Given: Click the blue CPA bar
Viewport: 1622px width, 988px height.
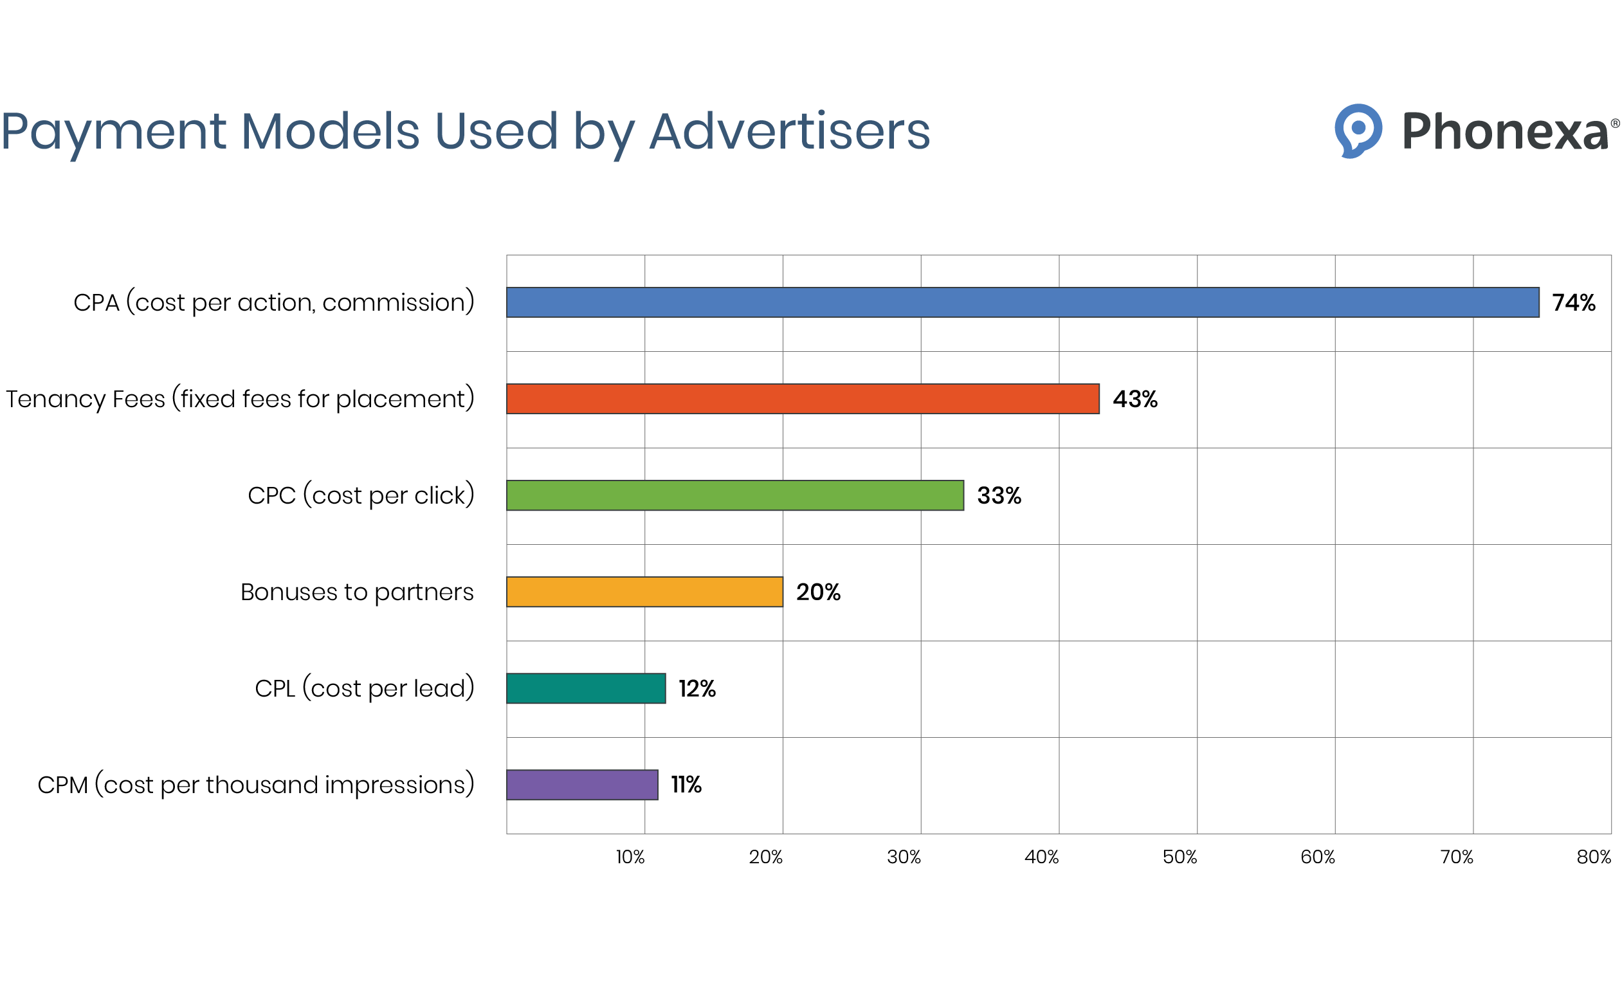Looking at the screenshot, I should [x=1023, y=302].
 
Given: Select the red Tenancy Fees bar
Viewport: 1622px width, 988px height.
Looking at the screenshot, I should [x=803, y=399].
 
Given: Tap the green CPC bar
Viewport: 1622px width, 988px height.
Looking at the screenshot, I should [x=734, y=495].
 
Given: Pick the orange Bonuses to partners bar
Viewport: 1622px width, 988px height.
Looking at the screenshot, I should [x=644, y=592].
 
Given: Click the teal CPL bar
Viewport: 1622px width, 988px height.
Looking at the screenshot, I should [x=586, y=688].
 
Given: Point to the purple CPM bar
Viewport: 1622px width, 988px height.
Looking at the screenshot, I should [x=582, y=785].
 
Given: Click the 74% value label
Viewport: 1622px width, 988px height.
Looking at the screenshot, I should [x=1573, y=303].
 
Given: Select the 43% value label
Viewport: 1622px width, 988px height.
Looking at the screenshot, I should [x=1135, y=399].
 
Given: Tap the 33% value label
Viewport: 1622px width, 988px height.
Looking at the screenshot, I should [x=999, y=496].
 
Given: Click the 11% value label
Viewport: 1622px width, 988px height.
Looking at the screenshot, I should [x=686, y=785].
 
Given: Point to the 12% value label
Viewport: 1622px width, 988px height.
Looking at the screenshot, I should [x=697, y=688].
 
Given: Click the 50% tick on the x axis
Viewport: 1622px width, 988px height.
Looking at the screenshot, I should [x=1180, y=857].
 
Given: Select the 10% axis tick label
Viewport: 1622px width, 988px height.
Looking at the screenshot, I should [x=630, y=857].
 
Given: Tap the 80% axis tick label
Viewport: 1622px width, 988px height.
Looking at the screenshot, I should [x=1594, y=857].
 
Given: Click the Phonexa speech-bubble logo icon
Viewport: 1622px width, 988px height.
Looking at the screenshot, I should [x=1358, y=131].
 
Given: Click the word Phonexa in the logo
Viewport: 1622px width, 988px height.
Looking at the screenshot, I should [x=1505, y=132].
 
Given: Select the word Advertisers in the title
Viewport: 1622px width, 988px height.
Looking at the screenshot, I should [x=789, y=132].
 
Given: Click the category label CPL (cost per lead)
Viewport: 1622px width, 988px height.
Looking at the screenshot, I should [x=364, y=688].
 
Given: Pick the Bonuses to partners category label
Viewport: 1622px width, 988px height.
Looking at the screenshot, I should [x=357, y=592].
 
